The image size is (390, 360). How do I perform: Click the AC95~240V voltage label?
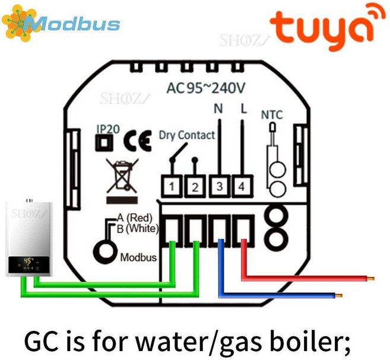click(205, 88)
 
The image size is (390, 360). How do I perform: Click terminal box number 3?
click(219, 187)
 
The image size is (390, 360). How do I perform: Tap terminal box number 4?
click(241, 187)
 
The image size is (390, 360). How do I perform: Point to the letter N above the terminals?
click(218, 109)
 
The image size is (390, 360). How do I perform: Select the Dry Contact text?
click(186, 135)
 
